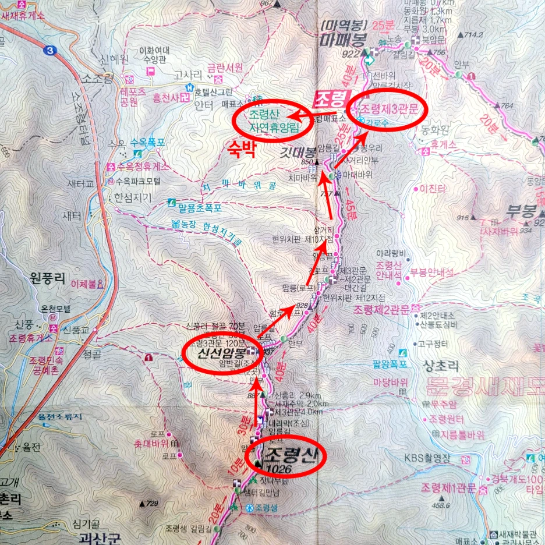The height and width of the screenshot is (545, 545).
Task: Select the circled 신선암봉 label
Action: point(220,352)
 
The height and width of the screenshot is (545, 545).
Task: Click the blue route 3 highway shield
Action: point(53,51)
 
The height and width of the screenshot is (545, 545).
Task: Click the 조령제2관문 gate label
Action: point(381,307)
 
